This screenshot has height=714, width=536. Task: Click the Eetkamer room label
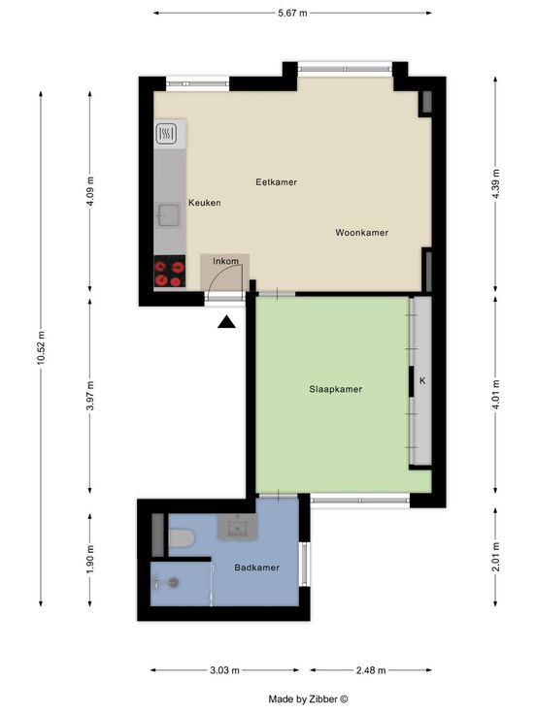click(x=276, y=182)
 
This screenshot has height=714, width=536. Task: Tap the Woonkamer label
click(x=362, y=233)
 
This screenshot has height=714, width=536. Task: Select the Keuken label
click(x=205, y=203)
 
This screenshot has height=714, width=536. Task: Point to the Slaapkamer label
click(x=335, y=389)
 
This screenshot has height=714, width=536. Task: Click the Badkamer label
click(x=256, y=568)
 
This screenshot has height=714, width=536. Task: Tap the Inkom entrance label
click(x=225, y=261)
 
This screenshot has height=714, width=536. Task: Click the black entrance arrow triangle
click(x=226, y=322)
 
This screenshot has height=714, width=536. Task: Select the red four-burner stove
click(x=170, y=271)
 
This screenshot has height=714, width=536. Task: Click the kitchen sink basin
click(x=169, y=215)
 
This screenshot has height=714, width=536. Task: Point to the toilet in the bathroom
click(x=182, y=537)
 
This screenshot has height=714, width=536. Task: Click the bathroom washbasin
click(x=237, y=528)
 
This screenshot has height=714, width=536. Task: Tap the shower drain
click(x=174, y=582)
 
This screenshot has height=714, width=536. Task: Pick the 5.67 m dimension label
click(x=292, y=14)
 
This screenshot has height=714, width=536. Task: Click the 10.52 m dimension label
click(x=41, y=347)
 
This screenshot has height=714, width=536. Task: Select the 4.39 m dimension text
click(x=496, y=183)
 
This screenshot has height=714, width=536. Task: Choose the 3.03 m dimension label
click(x=224, y=670)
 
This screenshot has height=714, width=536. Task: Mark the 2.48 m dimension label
click(x=371, y=670)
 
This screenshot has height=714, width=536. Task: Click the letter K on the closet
click(x=422, y=380)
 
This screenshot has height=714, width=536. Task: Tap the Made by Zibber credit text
click(x=308, y=699)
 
